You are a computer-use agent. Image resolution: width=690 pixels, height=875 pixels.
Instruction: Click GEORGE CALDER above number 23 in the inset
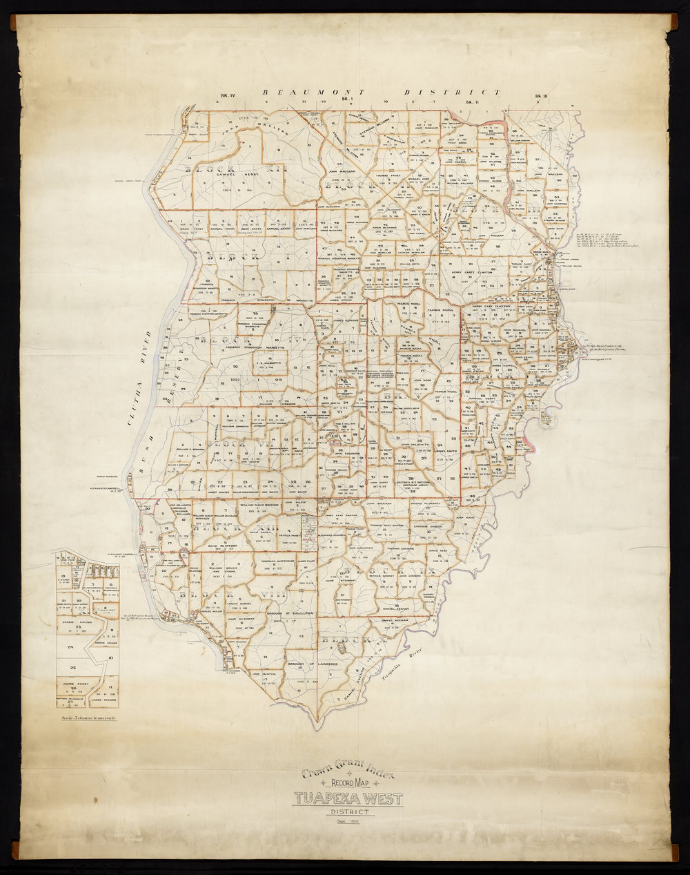tap(77, 622)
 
